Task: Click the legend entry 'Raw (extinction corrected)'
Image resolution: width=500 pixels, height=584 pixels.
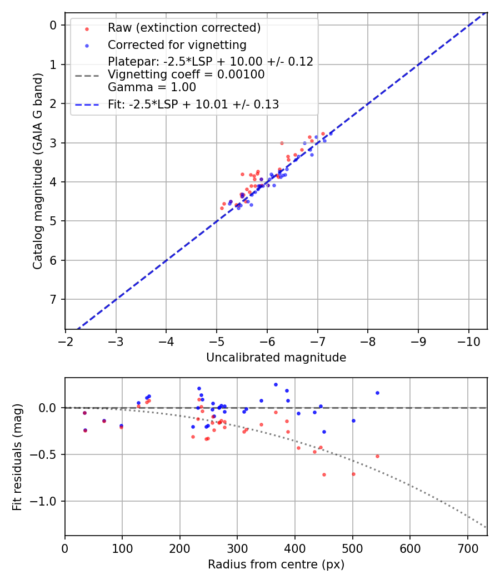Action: (x=184, y=28)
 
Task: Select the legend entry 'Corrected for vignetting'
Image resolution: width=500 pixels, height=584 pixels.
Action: (x=177, y=44)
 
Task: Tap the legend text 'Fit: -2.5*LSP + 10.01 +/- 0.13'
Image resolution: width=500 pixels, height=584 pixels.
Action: (x=193, y=104)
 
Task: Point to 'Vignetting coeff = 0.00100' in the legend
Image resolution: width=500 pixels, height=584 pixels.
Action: (x=186, y=75)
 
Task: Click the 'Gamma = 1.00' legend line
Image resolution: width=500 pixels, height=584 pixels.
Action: (x=152, y=87)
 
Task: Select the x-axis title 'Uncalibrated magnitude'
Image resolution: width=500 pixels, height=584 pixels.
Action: (x=276, y=358)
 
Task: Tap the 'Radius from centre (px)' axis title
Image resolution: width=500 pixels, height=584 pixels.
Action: (x=276, y=565)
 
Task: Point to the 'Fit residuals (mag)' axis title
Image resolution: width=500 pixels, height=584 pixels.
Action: (x=17, y=457)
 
